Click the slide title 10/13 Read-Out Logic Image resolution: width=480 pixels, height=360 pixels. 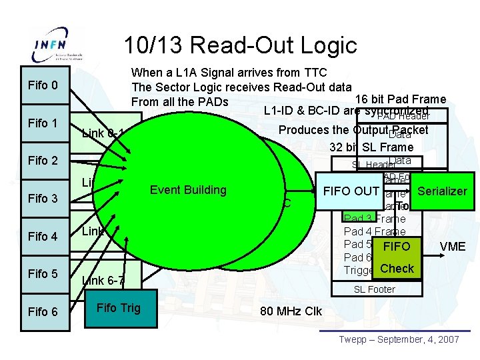coord(241,45)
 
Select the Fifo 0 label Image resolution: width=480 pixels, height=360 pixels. coord(43,85)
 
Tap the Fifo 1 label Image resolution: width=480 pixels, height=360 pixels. coord(43,123)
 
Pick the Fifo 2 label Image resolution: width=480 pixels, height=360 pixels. coord(43,161)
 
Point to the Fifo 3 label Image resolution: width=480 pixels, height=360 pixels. coord(43,199)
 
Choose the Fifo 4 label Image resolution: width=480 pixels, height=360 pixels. coord(43,237)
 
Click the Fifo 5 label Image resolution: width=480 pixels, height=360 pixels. coord(43,274)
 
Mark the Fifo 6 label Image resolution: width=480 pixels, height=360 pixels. coord(43,312)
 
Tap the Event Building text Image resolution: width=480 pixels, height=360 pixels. coord(188,190)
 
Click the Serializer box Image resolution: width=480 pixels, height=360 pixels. coord(442,191)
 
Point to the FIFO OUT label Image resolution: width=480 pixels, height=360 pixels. coord(351,191)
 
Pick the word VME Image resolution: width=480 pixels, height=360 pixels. coord(453,247)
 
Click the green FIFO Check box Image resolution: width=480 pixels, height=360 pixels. coord(397,257)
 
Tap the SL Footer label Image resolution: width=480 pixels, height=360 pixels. coord(374,289)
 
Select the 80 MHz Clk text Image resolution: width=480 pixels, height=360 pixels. coord(290,311)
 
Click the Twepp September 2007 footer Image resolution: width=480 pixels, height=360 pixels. coord(399,340)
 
